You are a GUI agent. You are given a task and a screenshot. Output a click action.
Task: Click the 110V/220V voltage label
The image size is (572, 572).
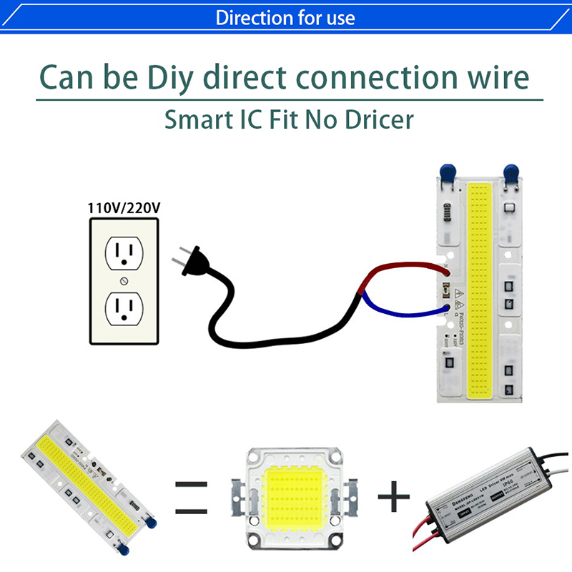coord(124,208)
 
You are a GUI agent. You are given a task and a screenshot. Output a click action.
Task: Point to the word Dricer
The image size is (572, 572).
coord(375,119)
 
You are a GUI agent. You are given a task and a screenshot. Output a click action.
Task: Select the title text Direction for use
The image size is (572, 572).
coord(285,17)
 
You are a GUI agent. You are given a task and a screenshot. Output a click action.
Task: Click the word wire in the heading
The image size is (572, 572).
coord(493,77)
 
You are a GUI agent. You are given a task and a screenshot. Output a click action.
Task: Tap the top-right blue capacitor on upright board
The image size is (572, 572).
coord(511,172)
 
